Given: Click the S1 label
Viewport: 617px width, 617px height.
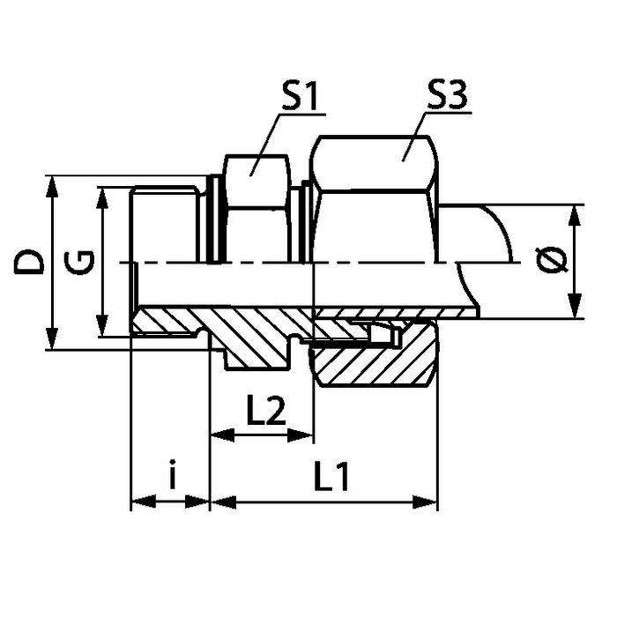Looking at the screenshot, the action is pos(301,95).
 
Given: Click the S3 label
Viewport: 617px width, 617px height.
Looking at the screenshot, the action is pos(447,95).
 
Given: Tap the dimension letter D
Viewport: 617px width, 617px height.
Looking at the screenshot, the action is pos(28,263).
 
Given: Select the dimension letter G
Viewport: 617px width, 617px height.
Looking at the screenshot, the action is pos(79,263).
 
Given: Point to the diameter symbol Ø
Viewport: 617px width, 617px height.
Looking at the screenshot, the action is pos(552,261).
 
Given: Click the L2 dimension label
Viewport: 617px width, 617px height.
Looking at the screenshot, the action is pos(266,411).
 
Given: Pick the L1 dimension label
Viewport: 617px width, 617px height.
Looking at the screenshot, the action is pos(331,477).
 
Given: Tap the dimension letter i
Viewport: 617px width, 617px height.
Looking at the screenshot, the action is pos(172,474).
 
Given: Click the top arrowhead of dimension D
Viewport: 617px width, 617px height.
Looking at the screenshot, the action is pos(51,187).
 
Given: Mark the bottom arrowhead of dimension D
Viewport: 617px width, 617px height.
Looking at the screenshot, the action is pos(51,338).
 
